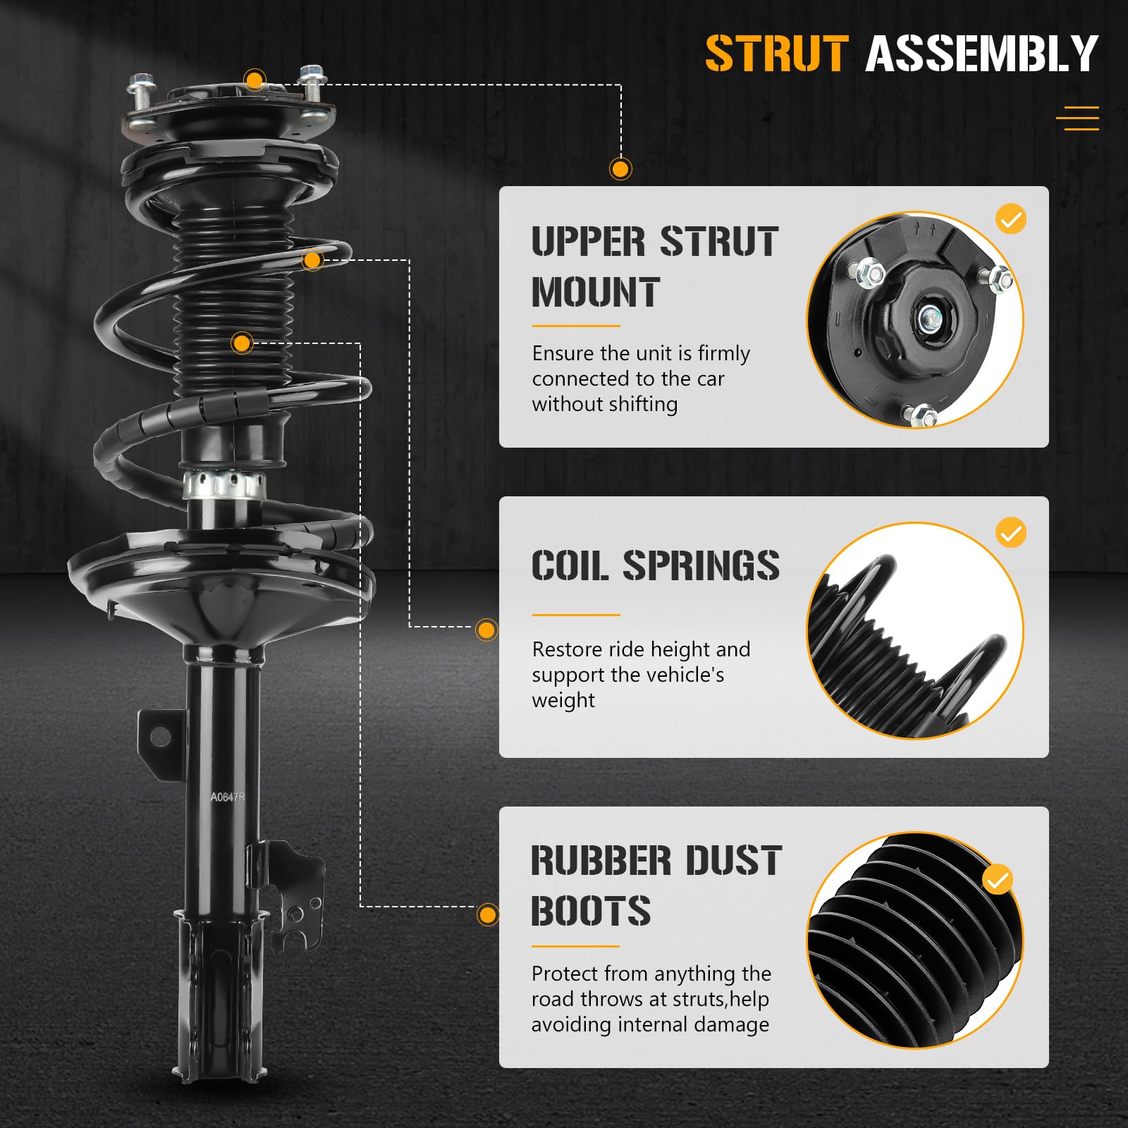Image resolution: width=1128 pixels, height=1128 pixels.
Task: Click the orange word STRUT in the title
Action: (776, 54)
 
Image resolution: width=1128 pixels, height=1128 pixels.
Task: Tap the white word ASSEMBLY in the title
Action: (981, 54)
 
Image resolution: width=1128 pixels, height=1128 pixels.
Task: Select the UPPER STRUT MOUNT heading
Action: (654, 266)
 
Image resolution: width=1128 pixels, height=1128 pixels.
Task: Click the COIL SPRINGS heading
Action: (655, 565)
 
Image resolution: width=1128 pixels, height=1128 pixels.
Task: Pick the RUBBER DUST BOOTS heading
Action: (656, 885)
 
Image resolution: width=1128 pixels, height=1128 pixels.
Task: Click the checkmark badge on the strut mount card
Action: (1011, 219)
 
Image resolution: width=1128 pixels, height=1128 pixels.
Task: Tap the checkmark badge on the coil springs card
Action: (1011, 533)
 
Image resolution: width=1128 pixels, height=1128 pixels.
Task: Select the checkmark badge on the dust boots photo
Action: (998, 880)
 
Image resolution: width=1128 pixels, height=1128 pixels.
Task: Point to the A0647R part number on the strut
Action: (227, 797)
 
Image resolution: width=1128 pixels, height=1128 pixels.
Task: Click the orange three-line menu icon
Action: (1077, 118)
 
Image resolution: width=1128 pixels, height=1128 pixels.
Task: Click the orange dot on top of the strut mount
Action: (255, 79)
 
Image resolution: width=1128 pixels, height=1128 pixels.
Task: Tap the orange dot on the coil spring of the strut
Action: (312, 260)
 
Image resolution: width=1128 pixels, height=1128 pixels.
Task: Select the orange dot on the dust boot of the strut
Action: (242, 343)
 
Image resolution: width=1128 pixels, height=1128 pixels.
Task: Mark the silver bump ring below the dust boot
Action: (224, 485)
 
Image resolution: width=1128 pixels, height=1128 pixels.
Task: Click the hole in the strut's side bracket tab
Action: (161, 737)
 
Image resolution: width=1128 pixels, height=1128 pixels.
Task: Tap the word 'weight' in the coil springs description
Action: (563, 701)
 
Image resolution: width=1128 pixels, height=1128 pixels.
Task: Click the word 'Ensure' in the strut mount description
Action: (563, 353)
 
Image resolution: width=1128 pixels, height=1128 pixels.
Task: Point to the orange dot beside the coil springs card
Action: (486, 630)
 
